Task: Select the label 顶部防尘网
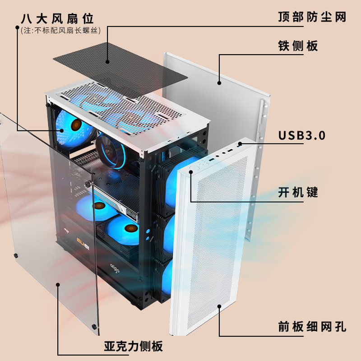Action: pos(312,17)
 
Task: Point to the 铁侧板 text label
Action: pos(298,46)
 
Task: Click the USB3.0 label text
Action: pos(301,135)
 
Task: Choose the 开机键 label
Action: pos(298,193)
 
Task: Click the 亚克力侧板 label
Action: pos(133,347)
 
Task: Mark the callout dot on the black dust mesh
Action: pos(108,62)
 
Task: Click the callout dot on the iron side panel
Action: pos(219,83)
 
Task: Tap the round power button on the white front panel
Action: pos(191,172)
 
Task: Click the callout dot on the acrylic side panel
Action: pos(58,284)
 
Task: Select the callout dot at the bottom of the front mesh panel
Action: pos(219,306)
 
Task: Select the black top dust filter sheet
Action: pos(120,68)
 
